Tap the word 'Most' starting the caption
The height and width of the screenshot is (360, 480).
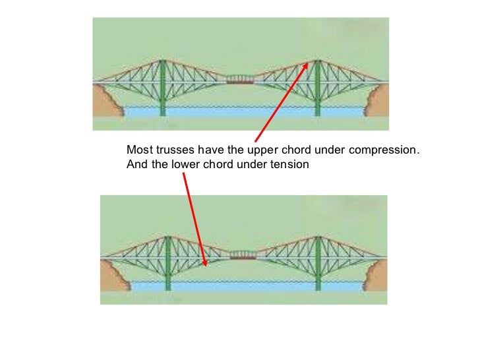click(x=138, y=150)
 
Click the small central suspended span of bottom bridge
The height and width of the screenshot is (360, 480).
click(x=243, y=254)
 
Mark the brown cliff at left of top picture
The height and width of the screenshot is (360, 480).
click(x=106, y=102)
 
